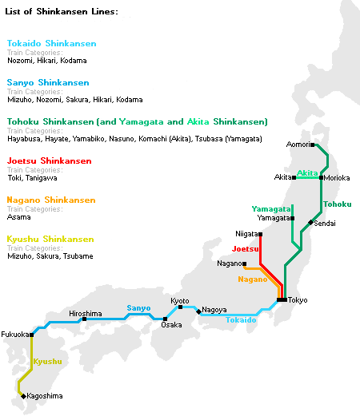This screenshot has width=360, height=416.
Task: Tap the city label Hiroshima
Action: coord(86,315)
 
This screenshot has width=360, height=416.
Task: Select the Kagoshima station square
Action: coord(22,395)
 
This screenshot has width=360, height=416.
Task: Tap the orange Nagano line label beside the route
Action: coord(252,279)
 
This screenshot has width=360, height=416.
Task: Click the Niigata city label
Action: coord(246,234)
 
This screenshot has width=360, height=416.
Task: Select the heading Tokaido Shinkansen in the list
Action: coord(51,43)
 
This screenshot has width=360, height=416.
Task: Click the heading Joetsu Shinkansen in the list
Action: coord(49,160)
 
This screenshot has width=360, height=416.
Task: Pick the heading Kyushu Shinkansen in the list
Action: coord(50,239)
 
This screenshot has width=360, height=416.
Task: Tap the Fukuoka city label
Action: coord(14,334)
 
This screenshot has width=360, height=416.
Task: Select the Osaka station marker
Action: coord(165,319)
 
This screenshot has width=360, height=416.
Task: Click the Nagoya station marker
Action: coord(198,308)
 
